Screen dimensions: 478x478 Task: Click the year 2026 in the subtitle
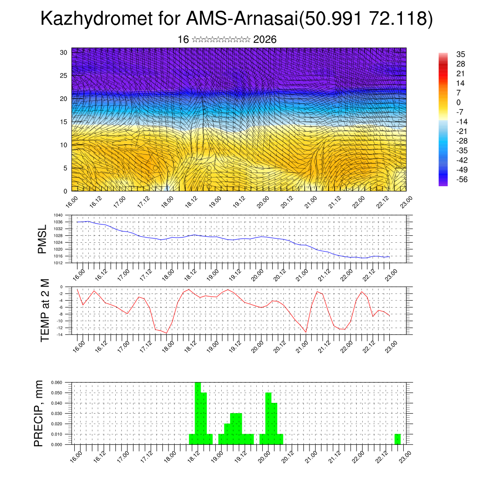265,40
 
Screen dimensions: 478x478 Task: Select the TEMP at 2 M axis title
45,310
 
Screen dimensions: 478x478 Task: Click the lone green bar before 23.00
397,439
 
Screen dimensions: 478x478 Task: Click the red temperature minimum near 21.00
306,332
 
